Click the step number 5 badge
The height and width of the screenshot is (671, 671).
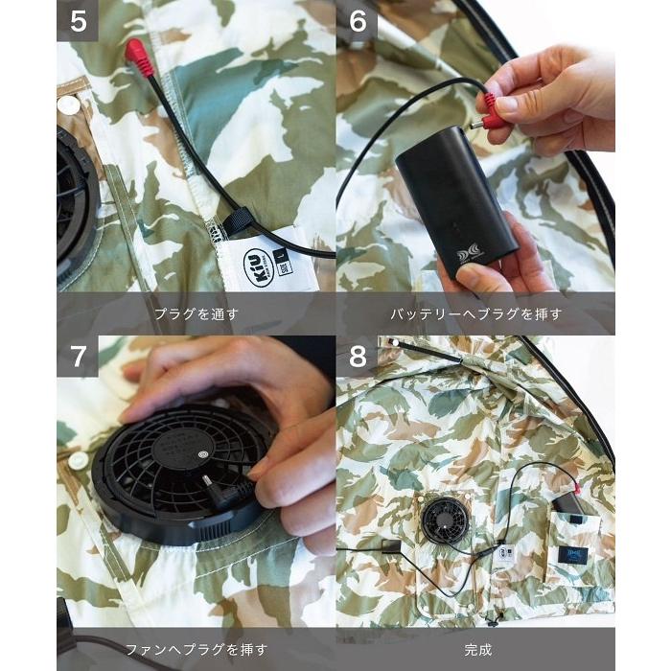click(78, 21)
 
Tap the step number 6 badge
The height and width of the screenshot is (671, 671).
click(357, 21)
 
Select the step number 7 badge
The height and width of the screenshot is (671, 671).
click(78, 356)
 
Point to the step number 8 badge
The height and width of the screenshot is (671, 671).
click(357, 356)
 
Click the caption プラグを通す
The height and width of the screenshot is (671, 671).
click(196, 313)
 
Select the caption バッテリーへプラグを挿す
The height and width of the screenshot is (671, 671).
click(475, 313)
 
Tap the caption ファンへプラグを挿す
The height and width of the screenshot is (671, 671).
click(196, 649)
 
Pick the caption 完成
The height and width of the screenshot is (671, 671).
click(475, 649)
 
